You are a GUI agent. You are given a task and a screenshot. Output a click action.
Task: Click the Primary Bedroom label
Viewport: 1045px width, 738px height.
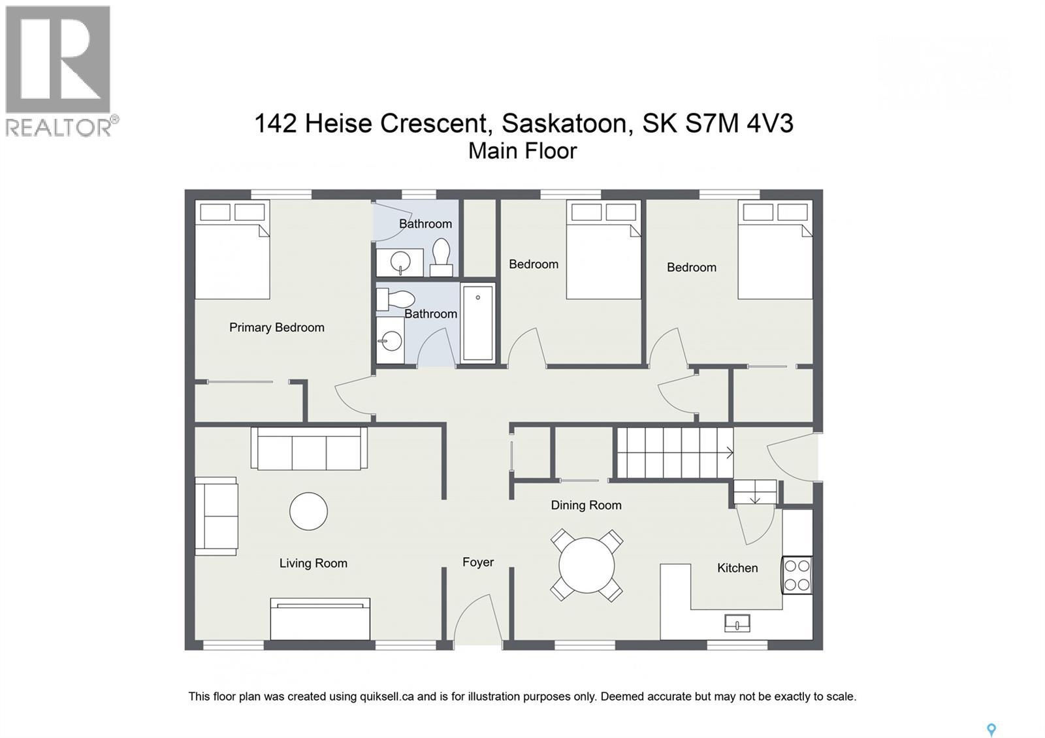click(276, 327)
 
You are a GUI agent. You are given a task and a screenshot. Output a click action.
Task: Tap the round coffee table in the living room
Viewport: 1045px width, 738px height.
click(308, 511)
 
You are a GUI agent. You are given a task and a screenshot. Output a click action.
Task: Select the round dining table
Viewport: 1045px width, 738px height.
click(587, 565)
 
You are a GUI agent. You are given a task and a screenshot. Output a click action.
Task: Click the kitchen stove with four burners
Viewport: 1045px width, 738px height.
click(797, 575)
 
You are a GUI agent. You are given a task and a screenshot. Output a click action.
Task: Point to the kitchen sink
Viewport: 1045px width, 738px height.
click(737, 624)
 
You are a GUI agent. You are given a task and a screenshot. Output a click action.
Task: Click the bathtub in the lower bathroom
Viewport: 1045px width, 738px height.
click(478, 323)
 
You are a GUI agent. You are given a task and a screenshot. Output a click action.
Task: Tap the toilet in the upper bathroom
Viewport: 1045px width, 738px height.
click(442, 256)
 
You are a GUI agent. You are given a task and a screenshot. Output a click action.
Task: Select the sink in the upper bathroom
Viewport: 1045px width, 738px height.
click(399, 263)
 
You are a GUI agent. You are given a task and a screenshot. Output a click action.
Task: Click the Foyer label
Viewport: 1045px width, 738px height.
click(477, 562)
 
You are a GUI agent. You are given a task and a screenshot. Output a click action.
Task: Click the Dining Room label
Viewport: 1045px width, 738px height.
click(586, 505)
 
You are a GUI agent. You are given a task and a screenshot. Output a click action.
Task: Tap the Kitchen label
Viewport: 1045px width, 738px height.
click(737, 568)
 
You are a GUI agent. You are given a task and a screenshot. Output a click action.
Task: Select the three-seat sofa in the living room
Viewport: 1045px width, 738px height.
click(308, 449)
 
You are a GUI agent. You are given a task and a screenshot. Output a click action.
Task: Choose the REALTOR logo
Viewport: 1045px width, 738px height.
click(59, 71)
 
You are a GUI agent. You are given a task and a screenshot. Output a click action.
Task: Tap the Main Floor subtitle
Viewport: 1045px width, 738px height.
click(522, 151)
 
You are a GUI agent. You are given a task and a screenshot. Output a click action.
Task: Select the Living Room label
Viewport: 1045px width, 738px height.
click(313, 563)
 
